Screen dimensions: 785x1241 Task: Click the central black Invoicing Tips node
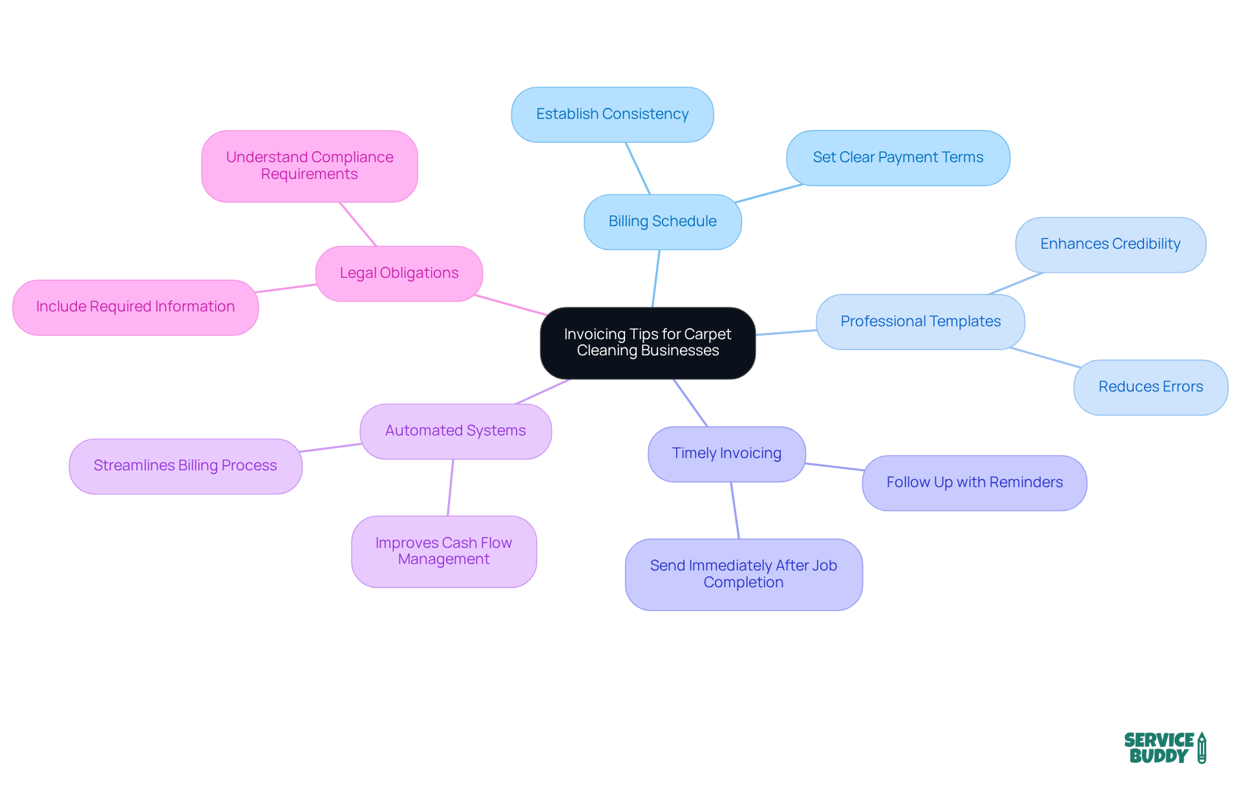[x=648, y=342]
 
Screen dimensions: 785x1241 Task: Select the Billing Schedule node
[x=663, y=222]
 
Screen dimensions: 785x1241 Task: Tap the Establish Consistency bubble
[x=612, y=114]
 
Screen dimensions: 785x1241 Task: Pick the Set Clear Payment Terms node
[x=898, y=158]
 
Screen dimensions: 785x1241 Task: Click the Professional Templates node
[x=920, y=322]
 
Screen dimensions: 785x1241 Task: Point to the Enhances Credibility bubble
[x=1110, y=244]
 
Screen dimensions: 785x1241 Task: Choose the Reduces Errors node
[x=1151, y=387]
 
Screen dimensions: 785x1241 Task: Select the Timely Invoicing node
[x=727, y=454]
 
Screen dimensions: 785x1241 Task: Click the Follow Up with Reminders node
[x=974, y=483]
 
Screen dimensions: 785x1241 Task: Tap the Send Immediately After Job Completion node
[x=743, y=574]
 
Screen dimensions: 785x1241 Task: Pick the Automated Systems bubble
[x=455, y=431]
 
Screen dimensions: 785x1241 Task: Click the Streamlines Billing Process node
[x=185, y=466]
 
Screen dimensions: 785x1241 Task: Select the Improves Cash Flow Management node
[x=443, y=551]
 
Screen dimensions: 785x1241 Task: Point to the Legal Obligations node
[x=399, y=273]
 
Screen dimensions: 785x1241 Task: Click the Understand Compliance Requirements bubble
[x=309, y=166]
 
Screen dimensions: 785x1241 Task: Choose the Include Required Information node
[x=135, y=307]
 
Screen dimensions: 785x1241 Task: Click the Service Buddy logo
[x=1164, y=748]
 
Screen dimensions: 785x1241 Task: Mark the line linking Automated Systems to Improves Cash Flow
[x=451, y=488]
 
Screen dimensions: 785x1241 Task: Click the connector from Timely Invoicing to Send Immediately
[x=735, y=510]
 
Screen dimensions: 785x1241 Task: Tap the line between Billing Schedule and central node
[x=656, y=278]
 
